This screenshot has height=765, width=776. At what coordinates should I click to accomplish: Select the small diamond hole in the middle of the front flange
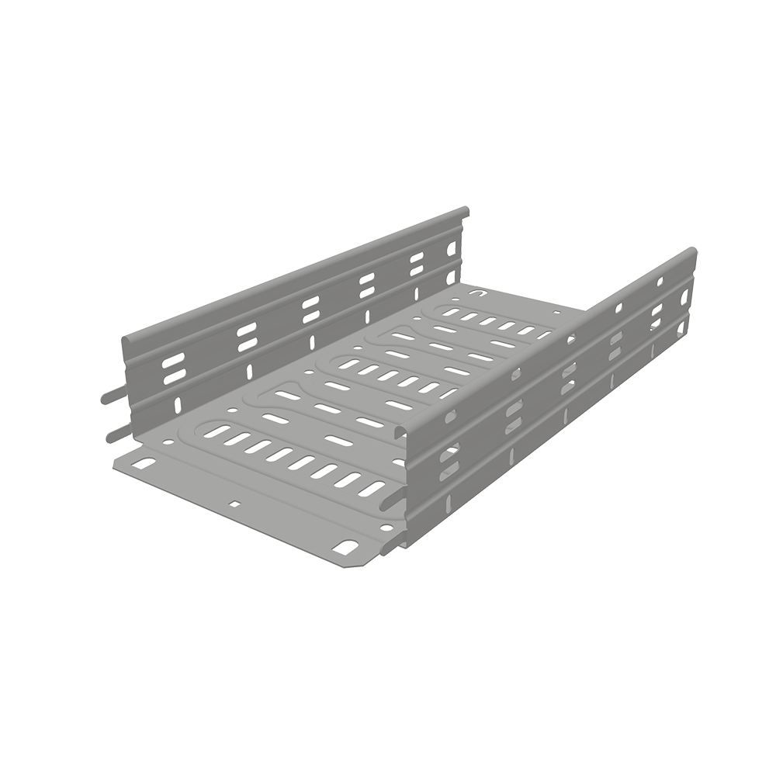[234, 504]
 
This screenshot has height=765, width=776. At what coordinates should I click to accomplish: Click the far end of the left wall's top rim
[463, 211]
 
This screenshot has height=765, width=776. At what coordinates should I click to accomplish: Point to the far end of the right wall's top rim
[691, 254]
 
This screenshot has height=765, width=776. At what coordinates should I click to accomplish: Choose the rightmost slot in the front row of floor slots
[372, 488]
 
